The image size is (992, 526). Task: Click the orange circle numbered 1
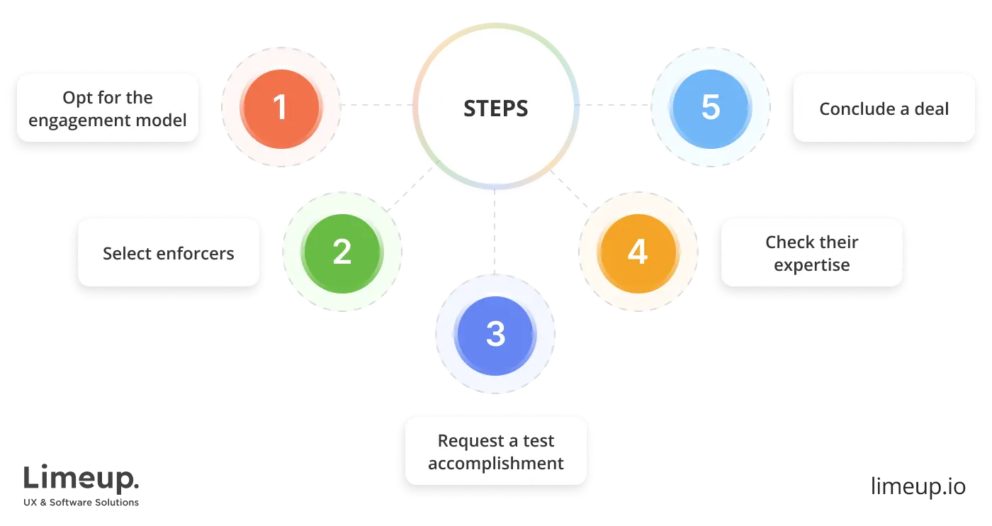click(x=281, y=108)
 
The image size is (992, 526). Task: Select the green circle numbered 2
click(x=342, y=252)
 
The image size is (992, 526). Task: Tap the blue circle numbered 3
click(x=495, y=334)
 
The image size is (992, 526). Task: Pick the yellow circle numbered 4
click(x=638, y=252)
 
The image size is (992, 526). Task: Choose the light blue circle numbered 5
click(x=711, y=108)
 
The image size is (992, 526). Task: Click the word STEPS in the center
click(x=495, y=108)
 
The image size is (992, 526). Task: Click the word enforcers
click(x=199, y=253)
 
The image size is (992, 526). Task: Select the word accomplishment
click(x=496, y=464)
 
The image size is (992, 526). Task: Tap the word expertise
click(x=811, y=265)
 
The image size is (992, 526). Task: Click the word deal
click(x=931, y=108)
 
